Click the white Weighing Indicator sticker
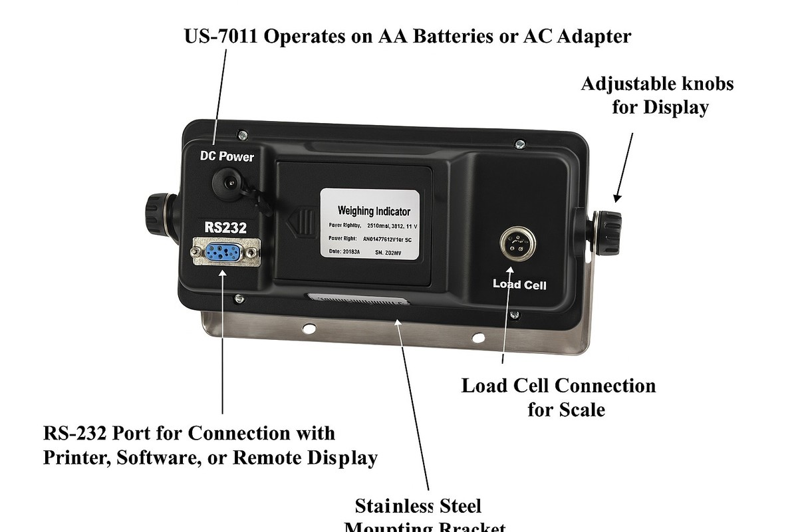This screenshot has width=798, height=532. point(370,223)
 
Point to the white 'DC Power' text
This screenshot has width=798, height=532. point(227,157)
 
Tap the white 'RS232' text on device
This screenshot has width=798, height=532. point(225,227)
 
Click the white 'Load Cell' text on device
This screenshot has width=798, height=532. point(519,284)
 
